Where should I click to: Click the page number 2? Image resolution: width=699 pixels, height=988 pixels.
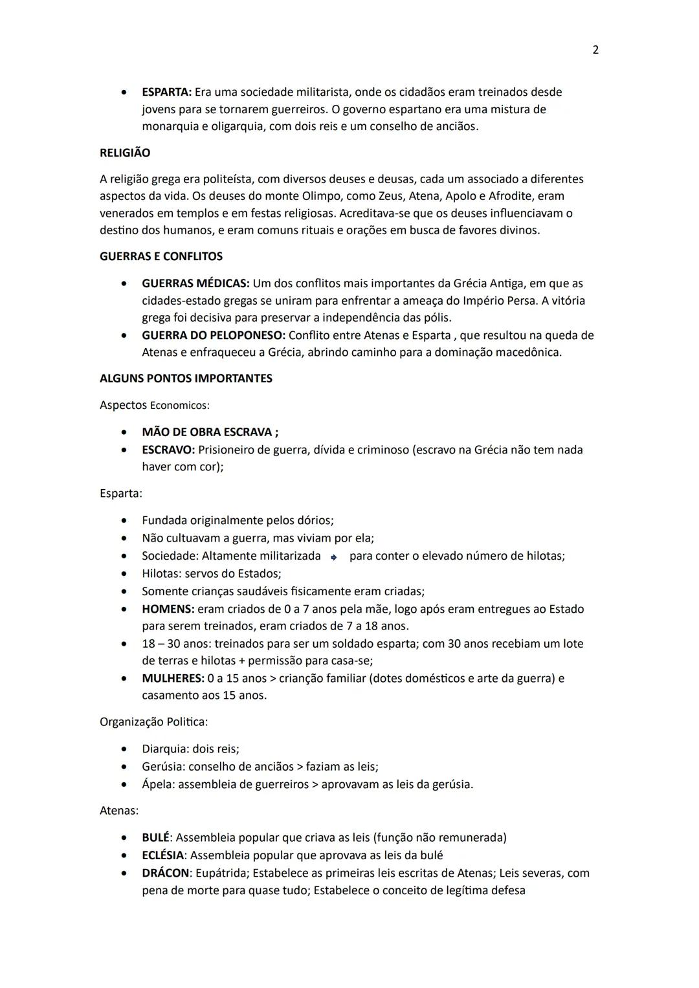tap(595, 50)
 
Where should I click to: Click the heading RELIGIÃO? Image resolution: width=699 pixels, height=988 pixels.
tap(125, 153)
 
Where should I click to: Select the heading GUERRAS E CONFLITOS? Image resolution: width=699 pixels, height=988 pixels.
tap(161, 256)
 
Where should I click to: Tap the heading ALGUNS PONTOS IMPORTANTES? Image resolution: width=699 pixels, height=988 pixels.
tap(186, 379)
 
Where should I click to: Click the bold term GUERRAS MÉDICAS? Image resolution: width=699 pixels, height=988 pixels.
tap(195, 283)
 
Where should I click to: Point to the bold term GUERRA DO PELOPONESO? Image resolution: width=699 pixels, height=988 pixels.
tap(214, 335)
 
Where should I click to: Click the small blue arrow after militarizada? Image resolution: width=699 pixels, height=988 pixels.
tap(333, 557)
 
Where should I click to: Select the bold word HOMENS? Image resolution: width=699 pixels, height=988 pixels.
tap(168, 609)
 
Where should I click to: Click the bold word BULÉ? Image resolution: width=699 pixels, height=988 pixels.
tap(155, 837)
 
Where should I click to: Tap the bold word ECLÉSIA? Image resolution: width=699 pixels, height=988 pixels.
tap(162, 855)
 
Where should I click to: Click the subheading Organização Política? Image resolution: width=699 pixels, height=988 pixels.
tap(153, 721)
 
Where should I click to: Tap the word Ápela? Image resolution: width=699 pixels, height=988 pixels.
tap(158, 784)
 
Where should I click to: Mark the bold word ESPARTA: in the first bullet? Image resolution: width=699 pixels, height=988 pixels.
tap(166, 92)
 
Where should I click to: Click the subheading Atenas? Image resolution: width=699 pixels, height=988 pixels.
tap(119, 810)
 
